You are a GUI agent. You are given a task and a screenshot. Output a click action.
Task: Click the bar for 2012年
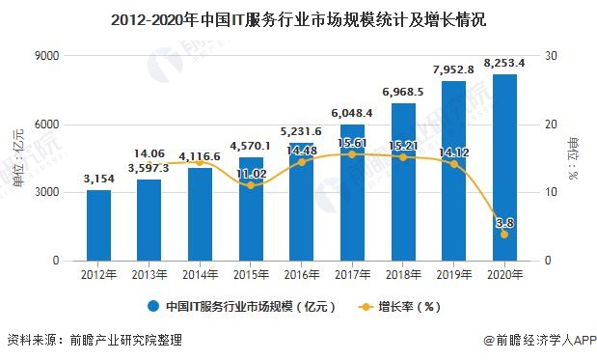98,226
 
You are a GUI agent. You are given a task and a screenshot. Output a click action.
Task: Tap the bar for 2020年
504,168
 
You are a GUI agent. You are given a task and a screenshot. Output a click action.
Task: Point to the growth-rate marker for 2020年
504,235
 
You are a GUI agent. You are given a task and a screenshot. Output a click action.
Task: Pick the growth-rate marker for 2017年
353,154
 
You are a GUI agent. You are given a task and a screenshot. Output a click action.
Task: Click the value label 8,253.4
504,63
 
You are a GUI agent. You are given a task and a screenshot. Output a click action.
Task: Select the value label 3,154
98,179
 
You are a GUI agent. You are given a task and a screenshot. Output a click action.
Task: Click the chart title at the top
298,18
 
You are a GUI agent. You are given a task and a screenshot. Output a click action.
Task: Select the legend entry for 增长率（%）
410,308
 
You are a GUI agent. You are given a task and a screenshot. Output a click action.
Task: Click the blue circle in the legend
152,308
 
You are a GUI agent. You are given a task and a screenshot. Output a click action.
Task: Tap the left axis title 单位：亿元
19,158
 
